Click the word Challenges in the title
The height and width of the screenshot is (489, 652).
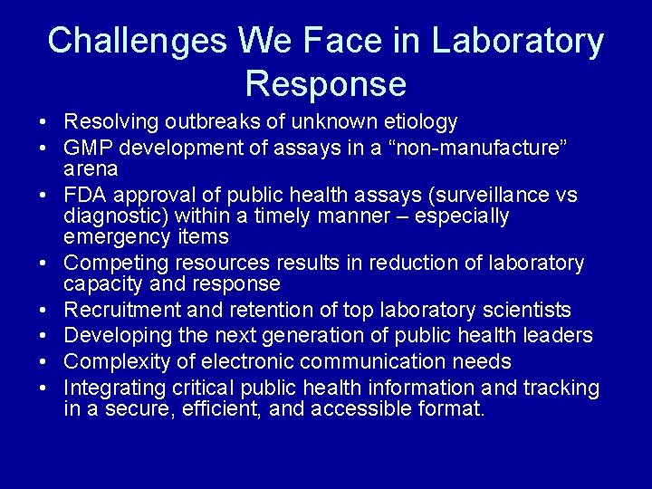(x=136, y=41)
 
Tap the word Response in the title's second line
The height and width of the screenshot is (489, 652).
(x=326, y=84)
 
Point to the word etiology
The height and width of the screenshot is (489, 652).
(x=422, y=121)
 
